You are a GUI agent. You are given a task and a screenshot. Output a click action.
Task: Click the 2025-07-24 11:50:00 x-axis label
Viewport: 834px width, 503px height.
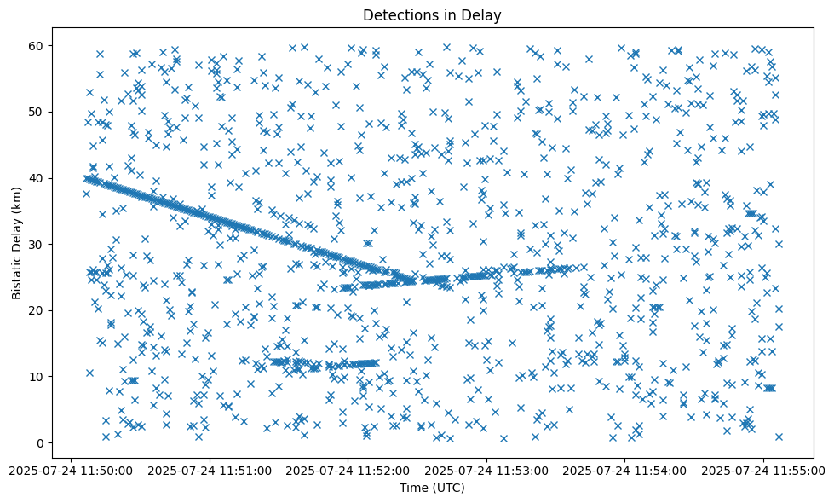(72, 469)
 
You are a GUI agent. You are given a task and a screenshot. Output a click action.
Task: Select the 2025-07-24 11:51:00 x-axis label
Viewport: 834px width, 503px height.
(210, 469)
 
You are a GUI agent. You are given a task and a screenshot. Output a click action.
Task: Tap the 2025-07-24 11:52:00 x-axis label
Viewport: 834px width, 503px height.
(348, 469)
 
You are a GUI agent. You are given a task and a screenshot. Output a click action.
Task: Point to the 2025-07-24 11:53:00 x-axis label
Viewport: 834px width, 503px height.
(486, 469)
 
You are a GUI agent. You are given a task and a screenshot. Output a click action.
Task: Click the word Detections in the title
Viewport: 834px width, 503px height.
(398, 14)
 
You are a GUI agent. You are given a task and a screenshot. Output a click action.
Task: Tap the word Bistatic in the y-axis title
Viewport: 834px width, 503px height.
(17, 273)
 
